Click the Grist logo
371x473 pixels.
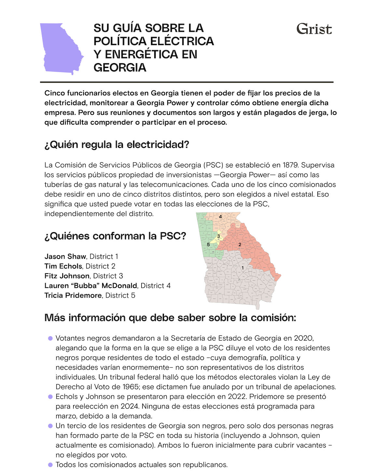click(x=314, y=29)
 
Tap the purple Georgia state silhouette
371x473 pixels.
click(x=60, y=49)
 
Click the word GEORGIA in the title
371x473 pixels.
click(x=120, y=67)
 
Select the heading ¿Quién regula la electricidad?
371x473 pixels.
click(x=117, y=144)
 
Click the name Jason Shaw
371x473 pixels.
click(x=65, y=256)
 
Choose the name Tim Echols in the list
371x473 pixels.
click(x=63, y=266)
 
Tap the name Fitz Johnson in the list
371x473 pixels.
click(x=67, y=276)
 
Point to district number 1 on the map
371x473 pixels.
click(x=242, y=267)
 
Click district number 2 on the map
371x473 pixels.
click(x=240, y=244)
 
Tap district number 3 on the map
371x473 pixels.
click(x=218, y=236)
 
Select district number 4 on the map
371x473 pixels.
click(x=220, y=217)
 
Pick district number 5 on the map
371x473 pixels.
click(x=208, y=245)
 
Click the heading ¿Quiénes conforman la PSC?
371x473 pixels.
click(x=115, y=236)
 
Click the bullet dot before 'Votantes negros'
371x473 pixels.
click(x=50, y=338)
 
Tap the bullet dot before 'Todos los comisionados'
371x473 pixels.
click(x=50, y=465)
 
